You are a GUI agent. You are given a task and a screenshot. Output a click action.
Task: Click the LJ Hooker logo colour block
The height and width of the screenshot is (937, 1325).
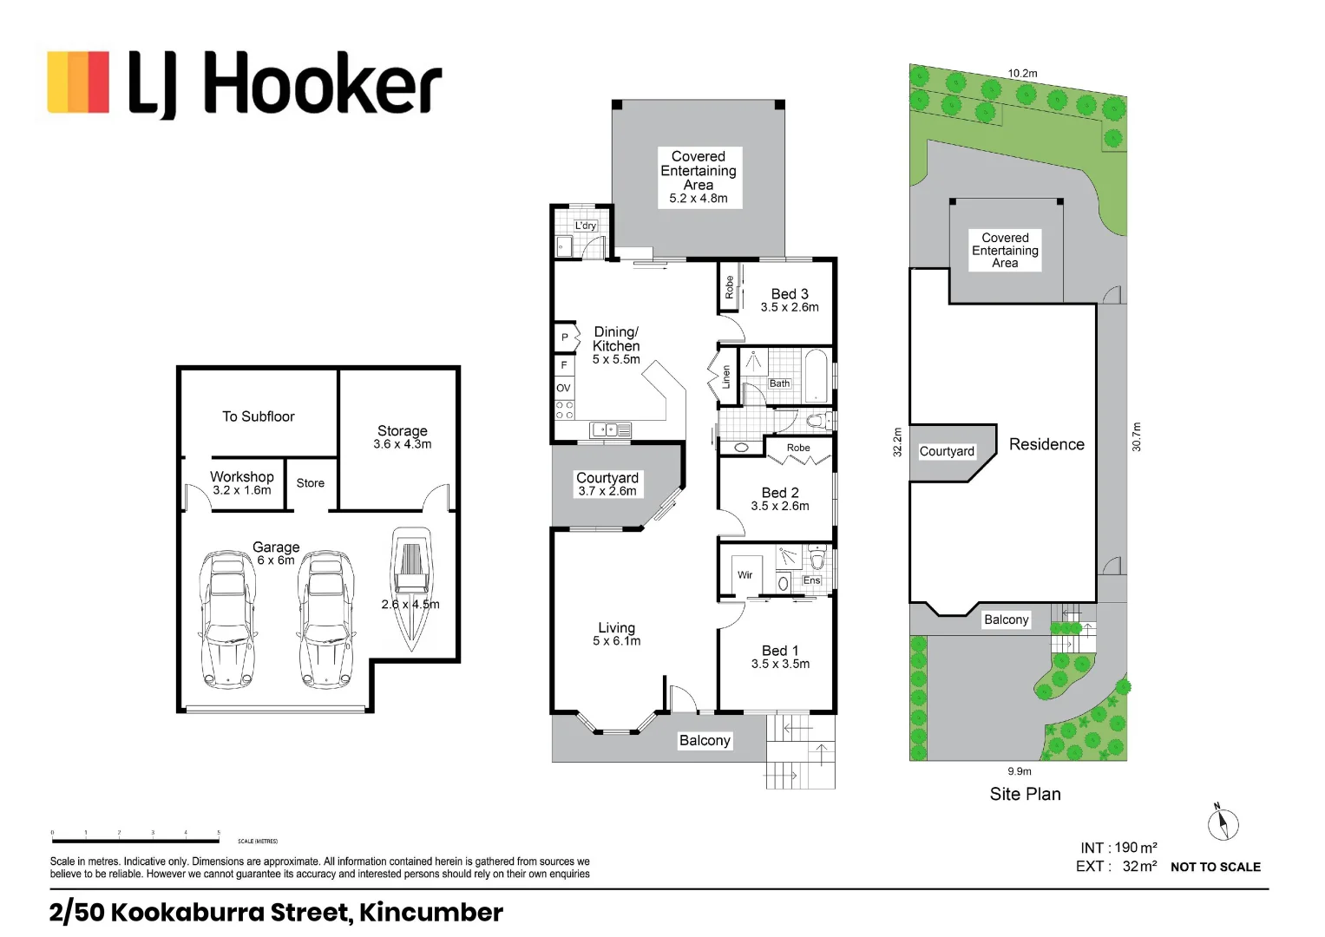tap(78, 82)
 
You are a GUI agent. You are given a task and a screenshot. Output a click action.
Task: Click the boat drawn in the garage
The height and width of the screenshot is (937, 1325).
tap(410, 586)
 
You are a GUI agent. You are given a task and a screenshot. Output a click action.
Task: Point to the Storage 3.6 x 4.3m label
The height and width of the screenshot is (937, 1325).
tap(402, 436)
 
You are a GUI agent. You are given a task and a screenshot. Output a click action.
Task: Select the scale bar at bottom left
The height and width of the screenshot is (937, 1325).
tap(135, 839)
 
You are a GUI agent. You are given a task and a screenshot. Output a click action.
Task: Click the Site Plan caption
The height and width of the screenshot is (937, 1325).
tap(1025, 794)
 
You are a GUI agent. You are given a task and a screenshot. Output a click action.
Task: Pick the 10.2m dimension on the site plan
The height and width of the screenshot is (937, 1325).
tap(1022, 74)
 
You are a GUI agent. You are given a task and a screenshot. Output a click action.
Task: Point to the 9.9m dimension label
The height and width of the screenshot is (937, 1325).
tap(1020, 771)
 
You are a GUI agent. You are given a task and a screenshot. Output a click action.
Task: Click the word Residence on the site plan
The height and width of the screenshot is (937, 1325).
tap(1046, 444)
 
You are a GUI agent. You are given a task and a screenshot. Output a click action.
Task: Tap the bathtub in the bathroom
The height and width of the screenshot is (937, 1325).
tap(816, 375)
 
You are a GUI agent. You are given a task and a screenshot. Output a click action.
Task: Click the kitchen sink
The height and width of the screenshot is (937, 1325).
tap(610, 429)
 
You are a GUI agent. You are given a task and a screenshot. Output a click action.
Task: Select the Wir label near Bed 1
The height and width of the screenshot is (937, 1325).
tap(744, 574)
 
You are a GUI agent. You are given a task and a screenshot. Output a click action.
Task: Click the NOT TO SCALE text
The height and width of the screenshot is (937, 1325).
tap(1215, 867)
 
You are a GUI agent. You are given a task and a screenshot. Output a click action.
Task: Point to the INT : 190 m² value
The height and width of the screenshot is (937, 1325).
tap(1118, 848)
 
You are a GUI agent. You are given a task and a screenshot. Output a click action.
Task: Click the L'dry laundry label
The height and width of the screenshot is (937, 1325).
tap(586, 226)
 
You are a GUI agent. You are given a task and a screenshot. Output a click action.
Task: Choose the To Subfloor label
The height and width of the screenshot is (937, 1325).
tap(258, 416)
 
